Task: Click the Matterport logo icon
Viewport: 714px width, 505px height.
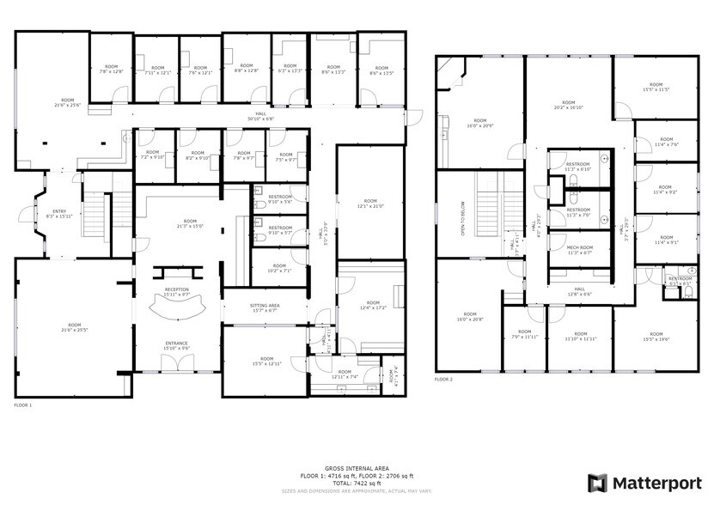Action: (x=597, y=483)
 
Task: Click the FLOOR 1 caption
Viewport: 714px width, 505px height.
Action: (x=24, y=404)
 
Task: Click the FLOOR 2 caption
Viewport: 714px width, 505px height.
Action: (x=443, y=380)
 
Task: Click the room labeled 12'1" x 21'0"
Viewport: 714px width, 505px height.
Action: (x=369, y=204)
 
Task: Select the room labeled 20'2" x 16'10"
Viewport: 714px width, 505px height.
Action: (x=569, y=106)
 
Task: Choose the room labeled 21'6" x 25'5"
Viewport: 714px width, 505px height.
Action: (x=72, y=327)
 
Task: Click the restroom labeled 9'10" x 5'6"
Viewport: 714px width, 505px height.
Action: (x=280, y=200)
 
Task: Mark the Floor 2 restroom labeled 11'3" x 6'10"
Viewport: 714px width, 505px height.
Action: (x=578, y=167)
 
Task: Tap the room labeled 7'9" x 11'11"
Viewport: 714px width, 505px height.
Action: (x=524, y=336)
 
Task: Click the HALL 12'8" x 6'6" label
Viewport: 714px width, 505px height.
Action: (x=579, y=292)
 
